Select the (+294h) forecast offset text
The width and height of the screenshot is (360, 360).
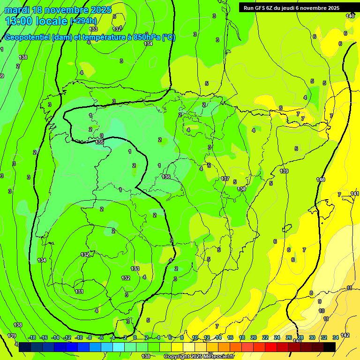83,21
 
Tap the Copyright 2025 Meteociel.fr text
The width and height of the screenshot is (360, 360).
199,357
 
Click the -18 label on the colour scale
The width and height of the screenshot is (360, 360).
32,337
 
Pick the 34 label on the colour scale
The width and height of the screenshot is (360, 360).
336,337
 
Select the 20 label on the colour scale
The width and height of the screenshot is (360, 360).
254,337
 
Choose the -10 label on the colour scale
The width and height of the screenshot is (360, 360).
78,337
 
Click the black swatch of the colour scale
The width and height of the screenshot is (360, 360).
329,347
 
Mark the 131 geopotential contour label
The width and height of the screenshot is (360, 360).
79,292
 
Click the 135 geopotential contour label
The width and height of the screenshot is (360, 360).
99,142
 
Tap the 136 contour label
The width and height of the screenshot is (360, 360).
166,177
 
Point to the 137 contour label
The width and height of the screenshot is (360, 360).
225,179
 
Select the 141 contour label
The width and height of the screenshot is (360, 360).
354,194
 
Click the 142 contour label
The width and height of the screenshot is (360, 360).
345,335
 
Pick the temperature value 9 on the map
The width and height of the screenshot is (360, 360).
320,301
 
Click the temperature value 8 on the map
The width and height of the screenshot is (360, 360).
311,293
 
